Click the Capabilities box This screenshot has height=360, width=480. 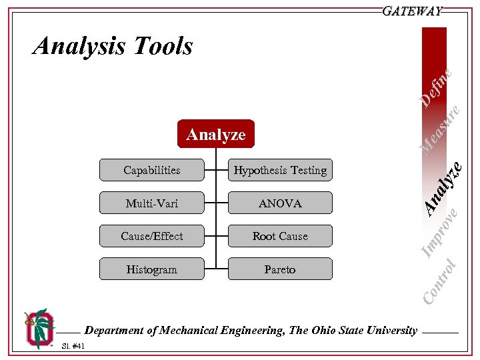coord(152,170)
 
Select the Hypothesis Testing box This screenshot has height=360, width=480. coord(280,170)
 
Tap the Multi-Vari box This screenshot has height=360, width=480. coord(152,203)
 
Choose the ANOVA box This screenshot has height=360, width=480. coord(280,203)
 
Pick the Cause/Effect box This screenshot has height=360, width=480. coord(152,236)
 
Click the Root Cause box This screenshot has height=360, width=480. coord(280,236)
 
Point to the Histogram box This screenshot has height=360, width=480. coord(152,269)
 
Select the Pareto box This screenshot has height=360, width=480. coord(280,269)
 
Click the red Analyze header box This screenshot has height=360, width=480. coord(216,134)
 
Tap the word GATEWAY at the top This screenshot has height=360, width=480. coord(413,11)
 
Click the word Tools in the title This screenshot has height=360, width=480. coord(163,46)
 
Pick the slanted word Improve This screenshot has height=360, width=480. coord(441,233)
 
